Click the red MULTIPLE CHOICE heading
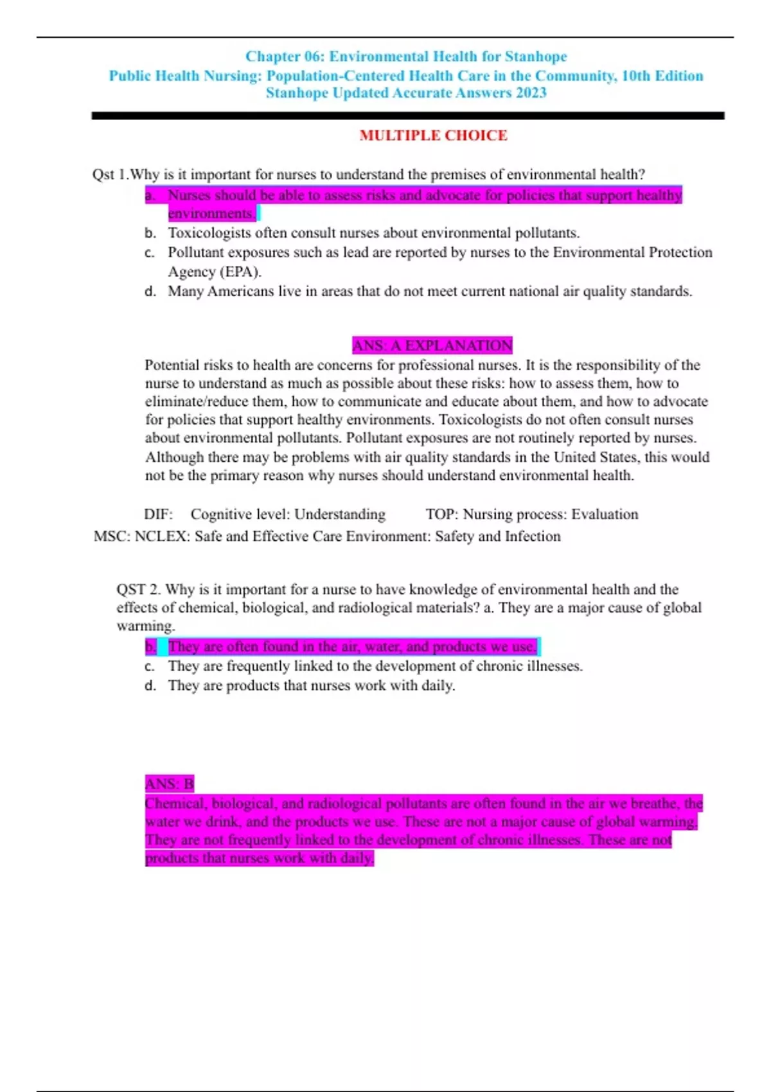[x=433, y=136]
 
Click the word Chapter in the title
[x=273, y=57]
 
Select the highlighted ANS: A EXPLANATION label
[x=432, y=345]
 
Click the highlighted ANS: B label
[x=170, y=784]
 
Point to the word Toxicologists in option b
[x=209, y=233]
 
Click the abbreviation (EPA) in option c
[x=240, y=272]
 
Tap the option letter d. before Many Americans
[x=150, y=292]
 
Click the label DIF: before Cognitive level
[x=159, y=515]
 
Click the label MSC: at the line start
[x=112, y=536]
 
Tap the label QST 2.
[x=139, y=590]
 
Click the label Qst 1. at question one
[x=110, y=175]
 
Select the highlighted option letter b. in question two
[x=150, y=647]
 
